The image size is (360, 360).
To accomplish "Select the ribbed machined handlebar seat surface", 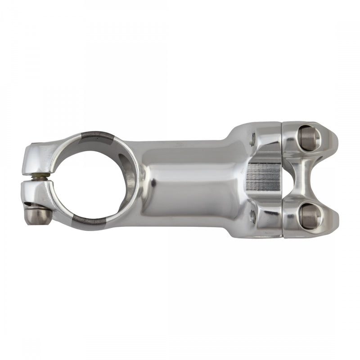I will point(263,176).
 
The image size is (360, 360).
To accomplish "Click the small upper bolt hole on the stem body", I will point(253,137).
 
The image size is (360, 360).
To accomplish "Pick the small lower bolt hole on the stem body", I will point(253,217).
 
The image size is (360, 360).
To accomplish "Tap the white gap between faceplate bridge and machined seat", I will point(288,177).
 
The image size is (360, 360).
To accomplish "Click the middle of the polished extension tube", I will point(189,178).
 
